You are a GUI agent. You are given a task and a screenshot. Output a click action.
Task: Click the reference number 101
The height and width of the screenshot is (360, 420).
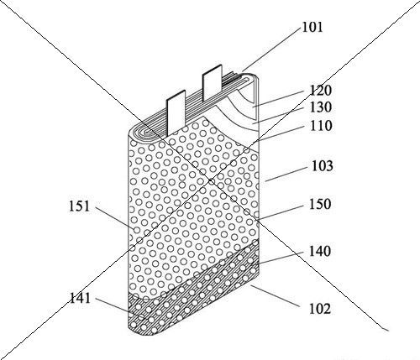coord(312,28)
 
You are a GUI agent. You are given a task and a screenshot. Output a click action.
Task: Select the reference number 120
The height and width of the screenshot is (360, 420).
coord(321,91)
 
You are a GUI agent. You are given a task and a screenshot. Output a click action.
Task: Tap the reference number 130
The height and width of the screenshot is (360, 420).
coord(321,107)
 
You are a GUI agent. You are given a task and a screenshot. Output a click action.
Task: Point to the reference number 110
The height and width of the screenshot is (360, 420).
coord(321,126)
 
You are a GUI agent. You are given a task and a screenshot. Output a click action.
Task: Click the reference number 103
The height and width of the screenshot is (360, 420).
coord(323,166)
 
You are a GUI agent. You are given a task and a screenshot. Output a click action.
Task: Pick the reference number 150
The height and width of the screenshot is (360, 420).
coord(320,204)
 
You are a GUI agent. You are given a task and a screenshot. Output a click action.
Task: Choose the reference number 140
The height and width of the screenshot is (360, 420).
coord(320,251)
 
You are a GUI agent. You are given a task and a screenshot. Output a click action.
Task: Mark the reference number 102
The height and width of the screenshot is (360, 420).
coord(320,309)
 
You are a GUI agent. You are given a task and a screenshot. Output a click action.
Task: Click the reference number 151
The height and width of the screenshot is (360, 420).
coord(80,206)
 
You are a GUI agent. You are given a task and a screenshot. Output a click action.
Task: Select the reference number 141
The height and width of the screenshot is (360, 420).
coord(80,298)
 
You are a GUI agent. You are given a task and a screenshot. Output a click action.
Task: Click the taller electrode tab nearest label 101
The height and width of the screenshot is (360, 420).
coord(213,81)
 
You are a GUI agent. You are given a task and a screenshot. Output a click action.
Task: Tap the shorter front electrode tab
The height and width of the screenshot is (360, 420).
coord(176,112)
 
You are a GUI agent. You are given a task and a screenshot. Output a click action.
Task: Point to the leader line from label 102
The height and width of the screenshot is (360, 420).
coord(275,295)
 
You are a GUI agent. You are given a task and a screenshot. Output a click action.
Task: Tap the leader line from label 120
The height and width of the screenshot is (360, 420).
coord(279,98)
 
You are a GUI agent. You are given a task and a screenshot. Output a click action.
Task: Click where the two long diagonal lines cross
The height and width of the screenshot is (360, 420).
coord(210,180)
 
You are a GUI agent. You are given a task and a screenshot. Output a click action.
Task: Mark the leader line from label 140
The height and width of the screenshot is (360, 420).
coord(280,258)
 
